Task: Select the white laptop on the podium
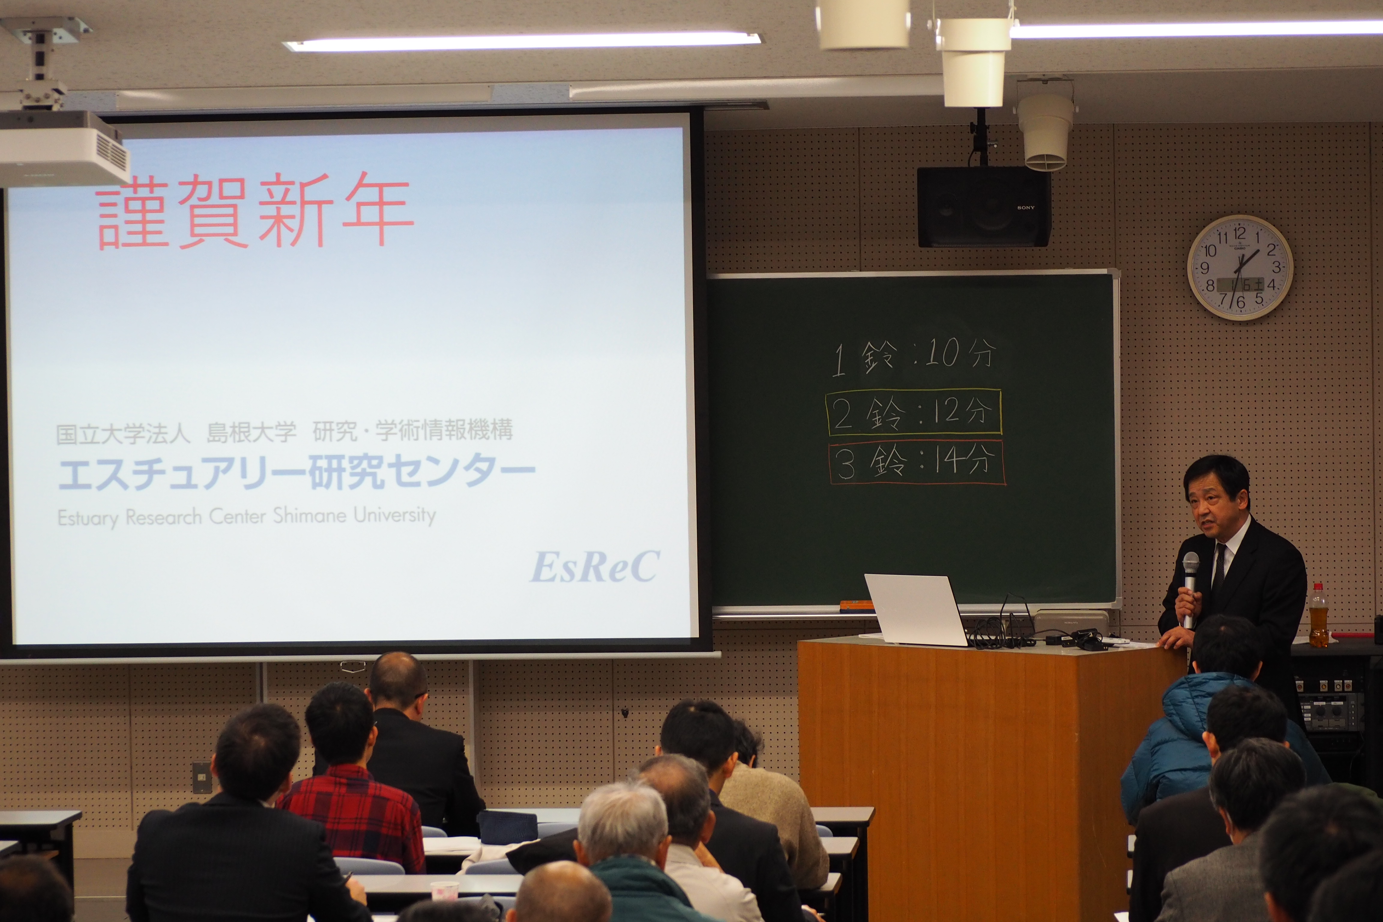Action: (x=917, y=610)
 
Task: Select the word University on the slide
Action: (x=395, y=515)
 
